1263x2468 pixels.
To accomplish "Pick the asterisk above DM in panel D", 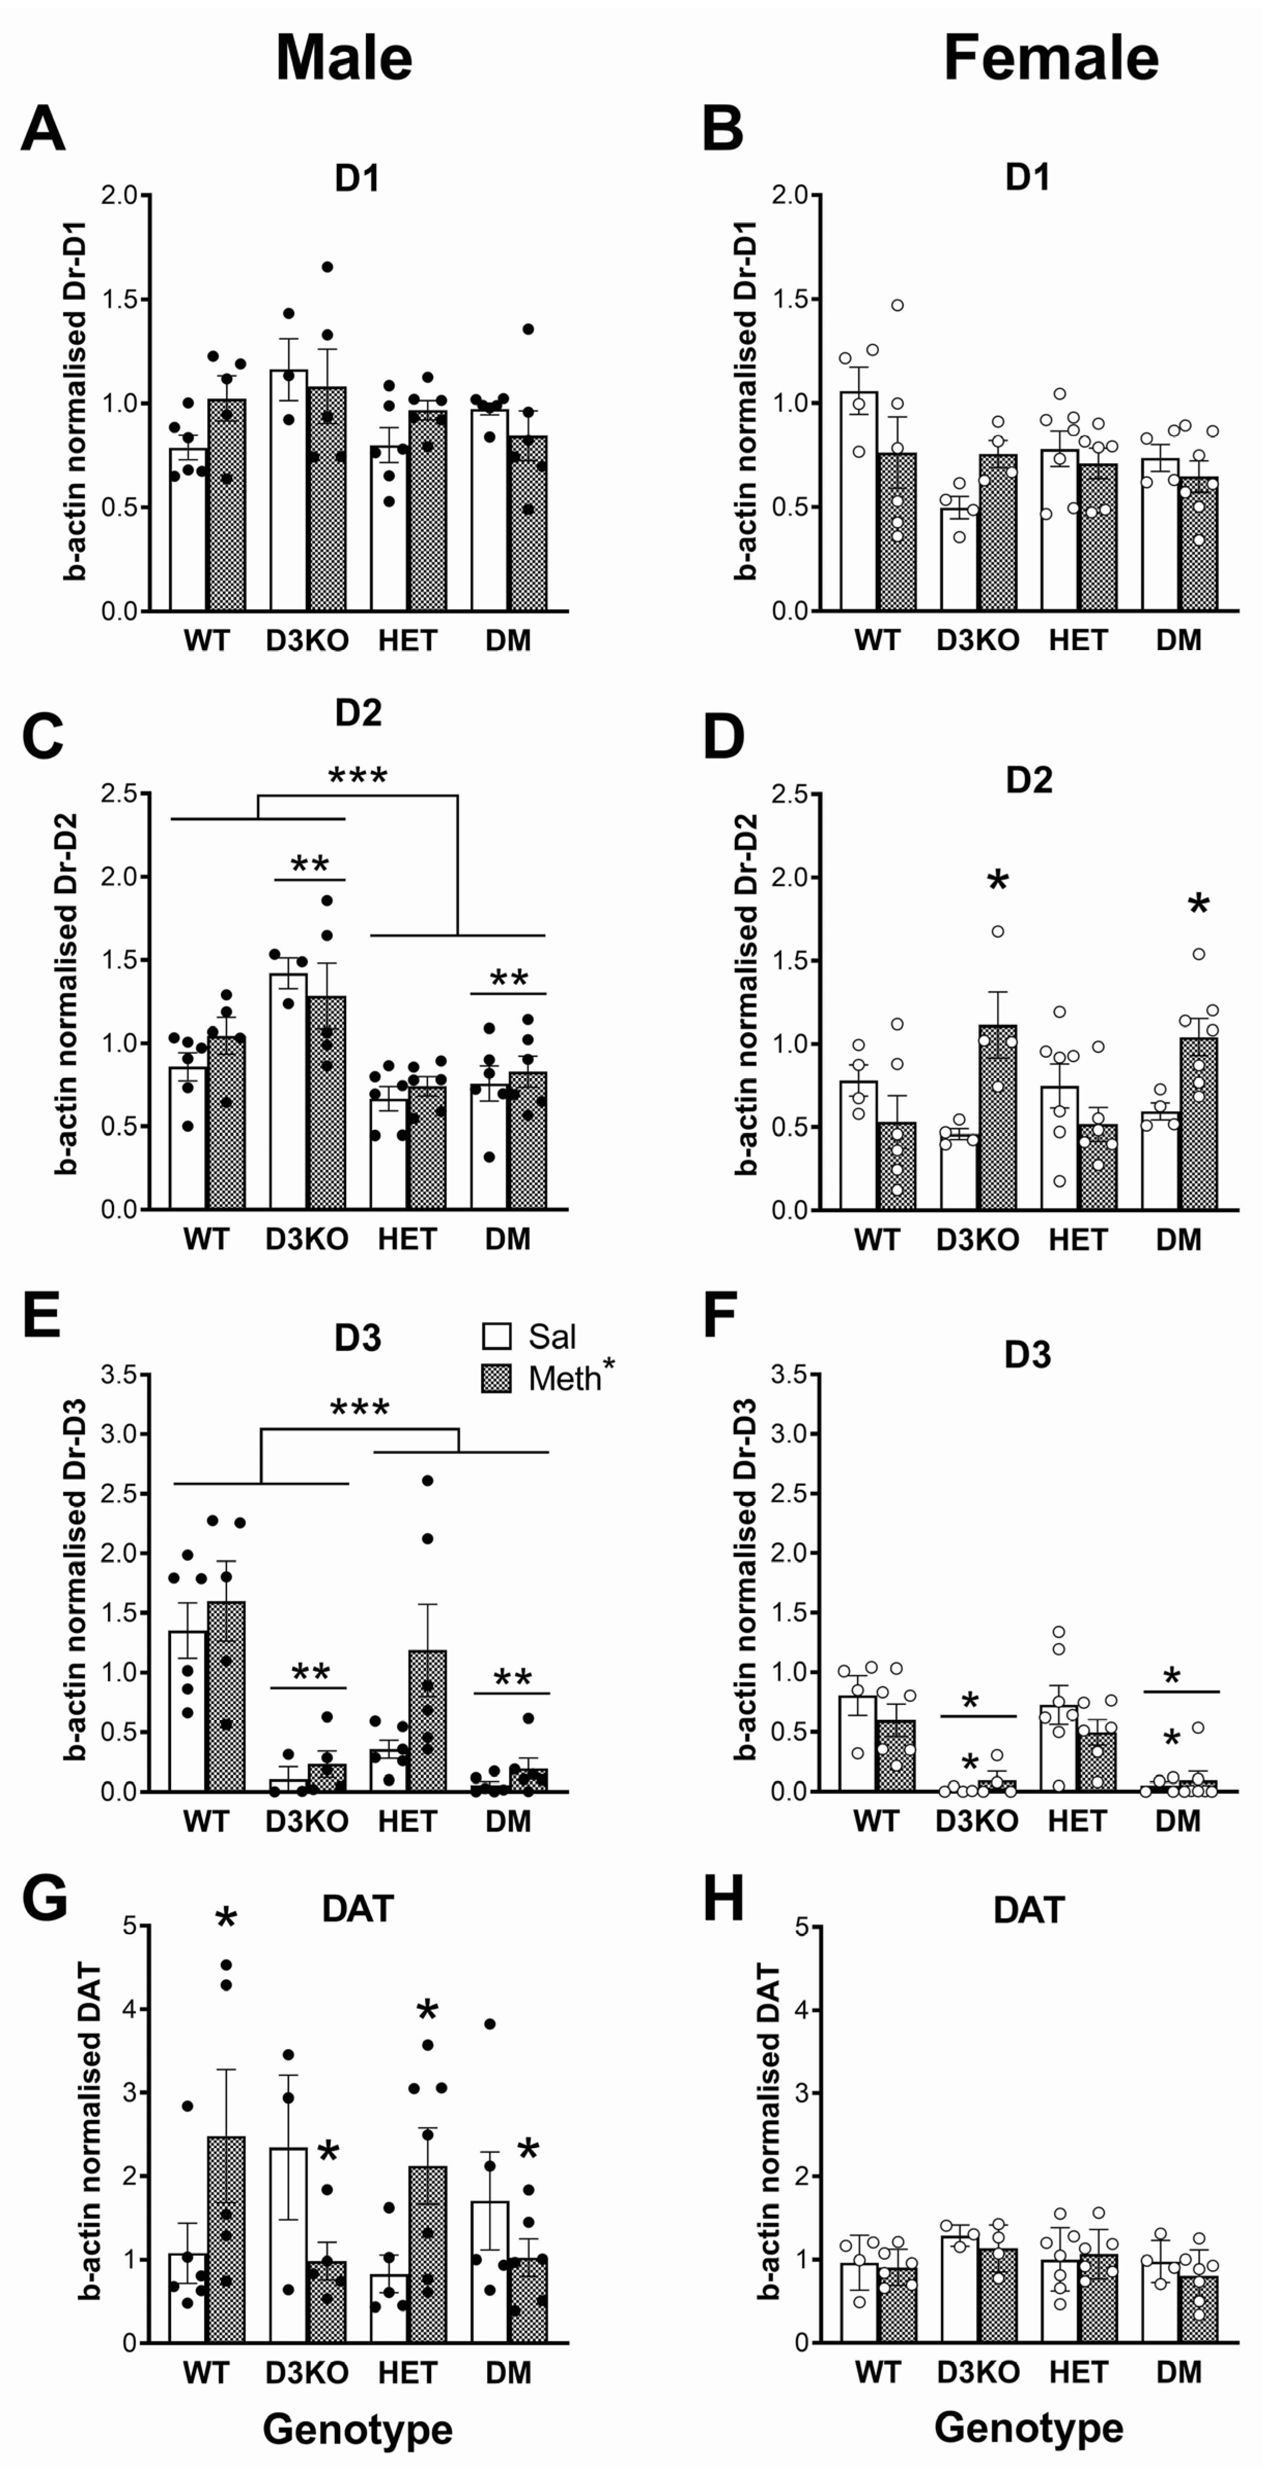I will [x=1198, y=906].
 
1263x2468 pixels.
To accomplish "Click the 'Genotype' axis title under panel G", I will [x=358, y=2429].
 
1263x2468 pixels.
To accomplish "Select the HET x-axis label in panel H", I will [x=1078, y=2372].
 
